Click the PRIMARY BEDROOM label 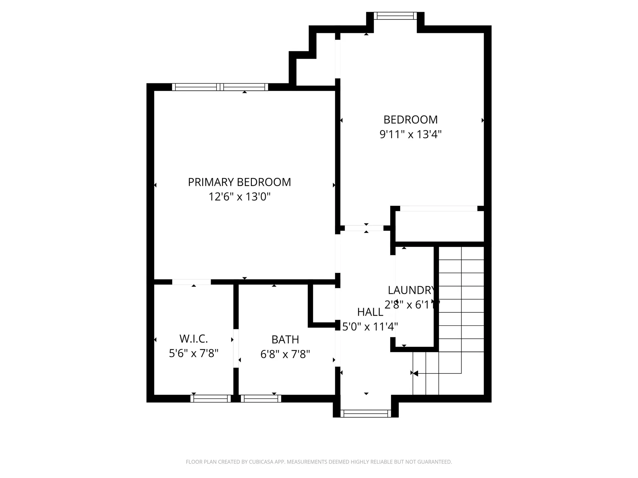tap(239, 182)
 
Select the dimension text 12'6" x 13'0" tap(239, 197)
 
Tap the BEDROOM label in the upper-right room tap(410, 119)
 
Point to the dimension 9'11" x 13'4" tap(410, 134)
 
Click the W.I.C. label tap(193, 339)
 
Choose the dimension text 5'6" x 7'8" tap(193, 354)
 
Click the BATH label tap(285, 340)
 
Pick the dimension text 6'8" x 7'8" tap(285, 354)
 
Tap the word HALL tap(370, 312)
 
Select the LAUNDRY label tap(411, 290)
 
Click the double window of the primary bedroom tap(220, 87)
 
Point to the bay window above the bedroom tap(395, 16)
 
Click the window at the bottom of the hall tap(366, 413)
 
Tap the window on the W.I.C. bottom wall tap(210, 398)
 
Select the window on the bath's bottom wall tap(261, 398)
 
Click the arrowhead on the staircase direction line tap(415, 373)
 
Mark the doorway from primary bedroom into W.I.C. tap(191, 282)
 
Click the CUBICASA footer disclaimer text tap(319, 462)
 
